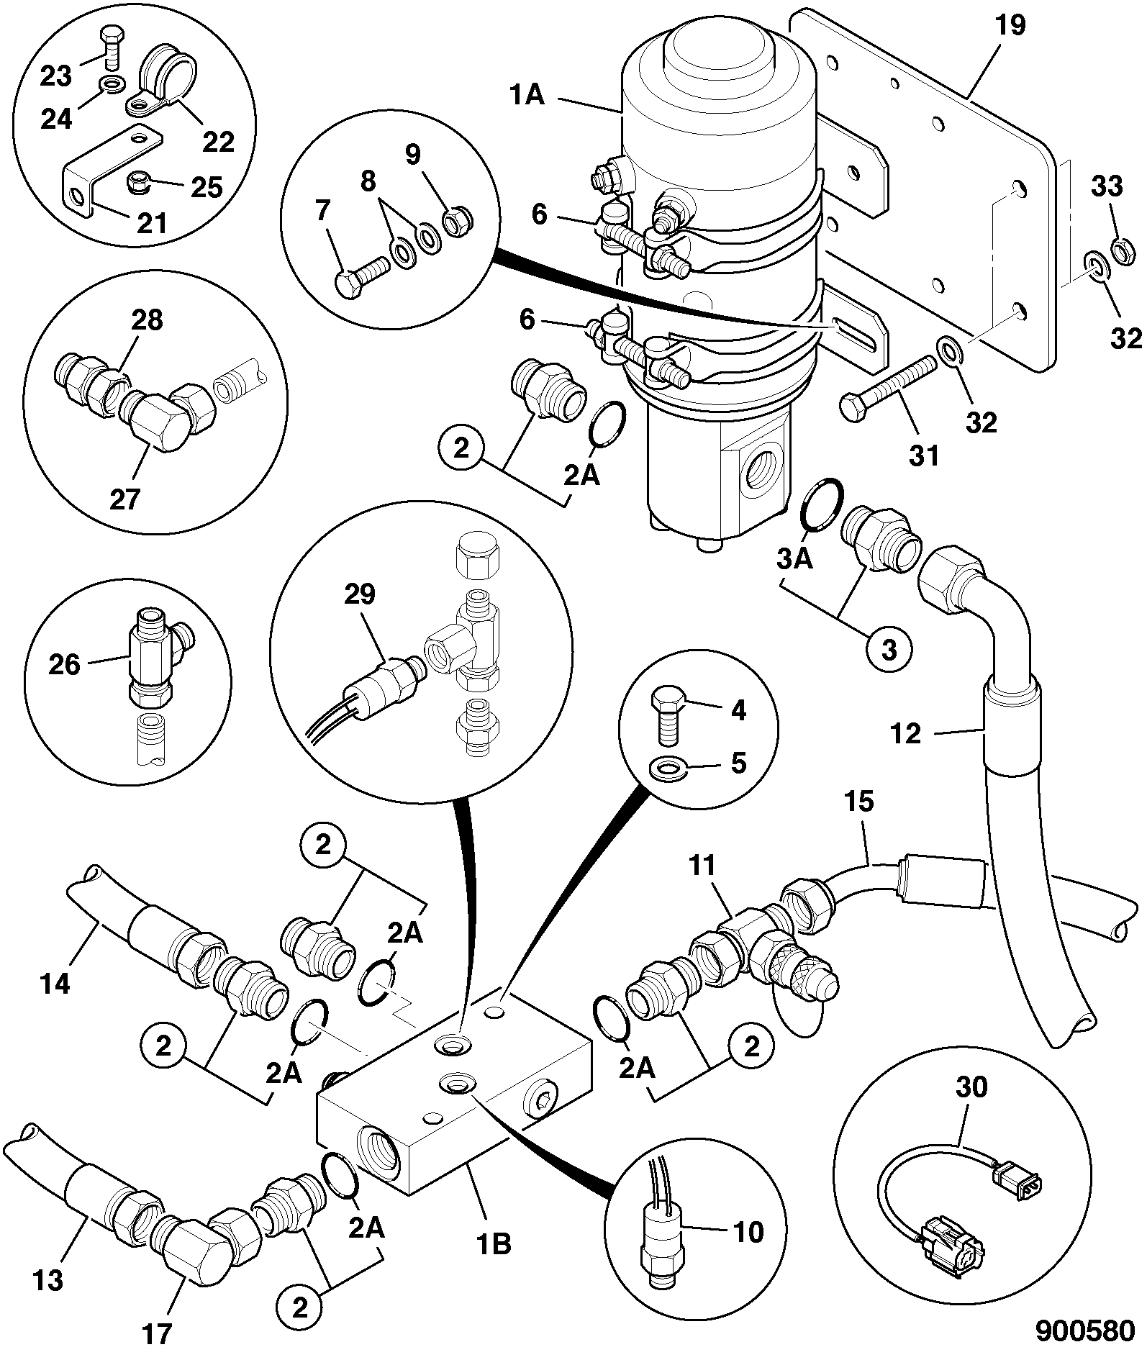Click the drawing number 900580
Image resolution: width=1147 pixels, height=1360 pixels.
pos(1085,1330)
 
